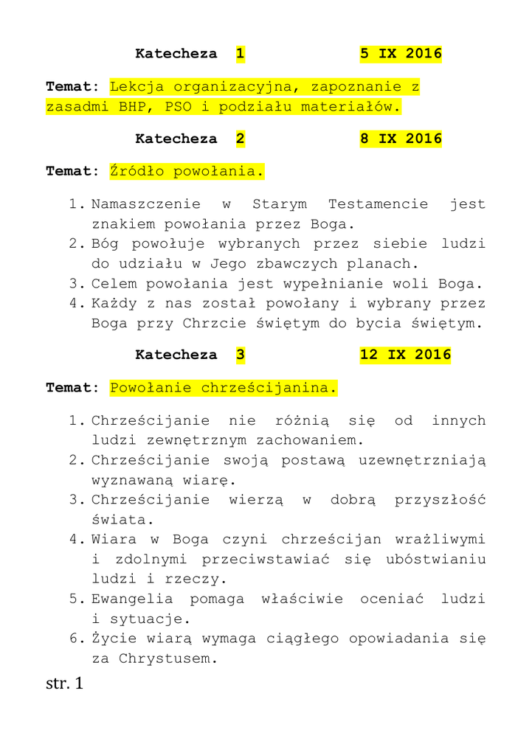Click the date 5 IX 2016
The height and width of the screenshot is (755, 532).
click(401, 54)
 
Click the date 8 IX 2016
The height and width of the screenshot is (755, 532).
click(401, 139)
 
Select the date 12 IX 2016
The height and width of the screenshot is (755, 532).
click(405, 355)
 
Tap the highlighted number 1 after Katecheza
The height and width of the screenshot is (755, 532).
click(240, 54)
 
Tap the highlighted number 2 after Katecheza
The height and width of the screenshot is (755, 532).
click(240, 139)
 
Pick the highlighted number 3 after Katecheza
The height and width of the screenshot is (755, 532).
click(240, 355)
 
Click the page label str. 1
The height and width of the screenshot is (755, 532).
click(65, 683)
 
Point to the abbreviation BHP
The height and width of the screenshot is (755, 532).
click(133, 106)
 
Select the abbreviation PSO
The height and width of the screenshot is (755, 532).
click(178, 106)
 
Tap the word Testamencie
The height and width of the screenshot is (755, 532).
click(378, 204)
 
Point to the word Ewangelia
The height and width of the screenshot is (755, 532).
click(132, 599)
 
